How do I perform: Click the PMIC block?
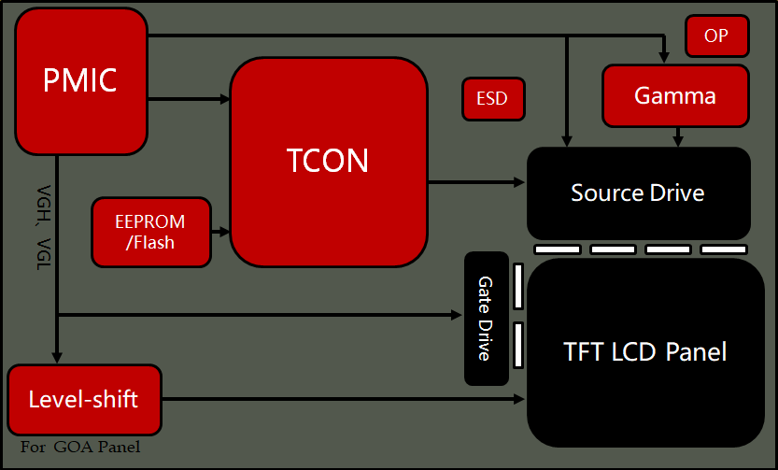pyautogui.click(x=81, y=81)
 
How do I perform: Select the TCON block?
pyautogui.click(x=328, y=162)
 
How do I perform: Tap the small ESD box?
pyautogui.click(x=492, y=99)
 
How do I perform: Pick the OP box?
pyautogui.click(x=716, y=36)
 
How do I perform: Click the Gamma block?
pyautogui.click(x=675, y=95)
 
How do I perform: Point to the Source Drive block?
pyautogui.click(x=638, y=193)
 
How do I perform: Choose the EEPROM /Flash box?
pyautogui.click(x=150, y=232)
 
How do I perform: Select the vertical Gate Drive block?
pyautogui.click(x=486, y=319)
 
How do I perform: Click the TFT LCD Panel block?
pyautogui.click(x=645, y=352)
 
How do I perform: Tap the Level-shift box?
pyautogui.click(x=84, y=400)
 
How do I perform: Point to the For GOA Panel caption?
pyautogui.click(x=80, y=448)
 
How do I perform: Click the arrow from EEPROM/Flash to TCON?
pyautogui.click(x=220, y=231)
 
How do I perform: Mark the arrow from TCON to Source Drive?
pyautogui.click(x=476, y=181)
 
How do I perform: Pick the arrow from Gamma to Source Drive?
pyautogui.click(x=678, y=136)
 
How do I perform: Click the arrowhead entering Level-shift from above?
pyautogui.click(x=57, y=356)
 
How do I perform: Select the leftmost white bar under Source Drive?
pyautogui.click(x=558, y=249)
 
